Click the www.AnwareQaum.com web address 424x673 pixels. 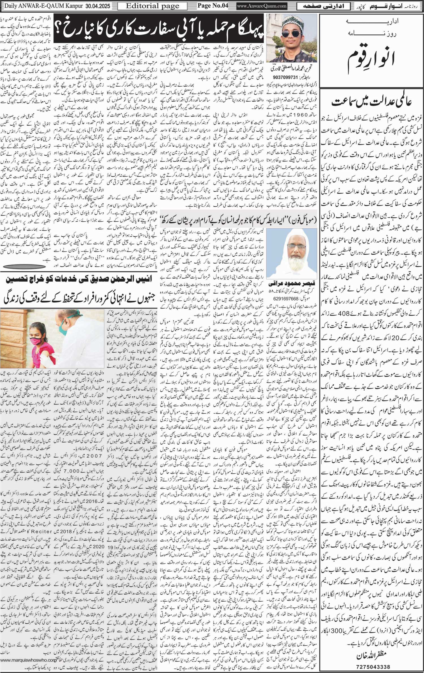[x=261, y=6]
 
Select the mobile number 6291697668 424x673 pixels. [x=286, y=298]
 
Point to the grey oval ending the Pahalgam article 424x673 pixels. [x=25, y=266]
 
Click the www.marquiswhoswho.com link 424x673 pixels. [x=28, y=657]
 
